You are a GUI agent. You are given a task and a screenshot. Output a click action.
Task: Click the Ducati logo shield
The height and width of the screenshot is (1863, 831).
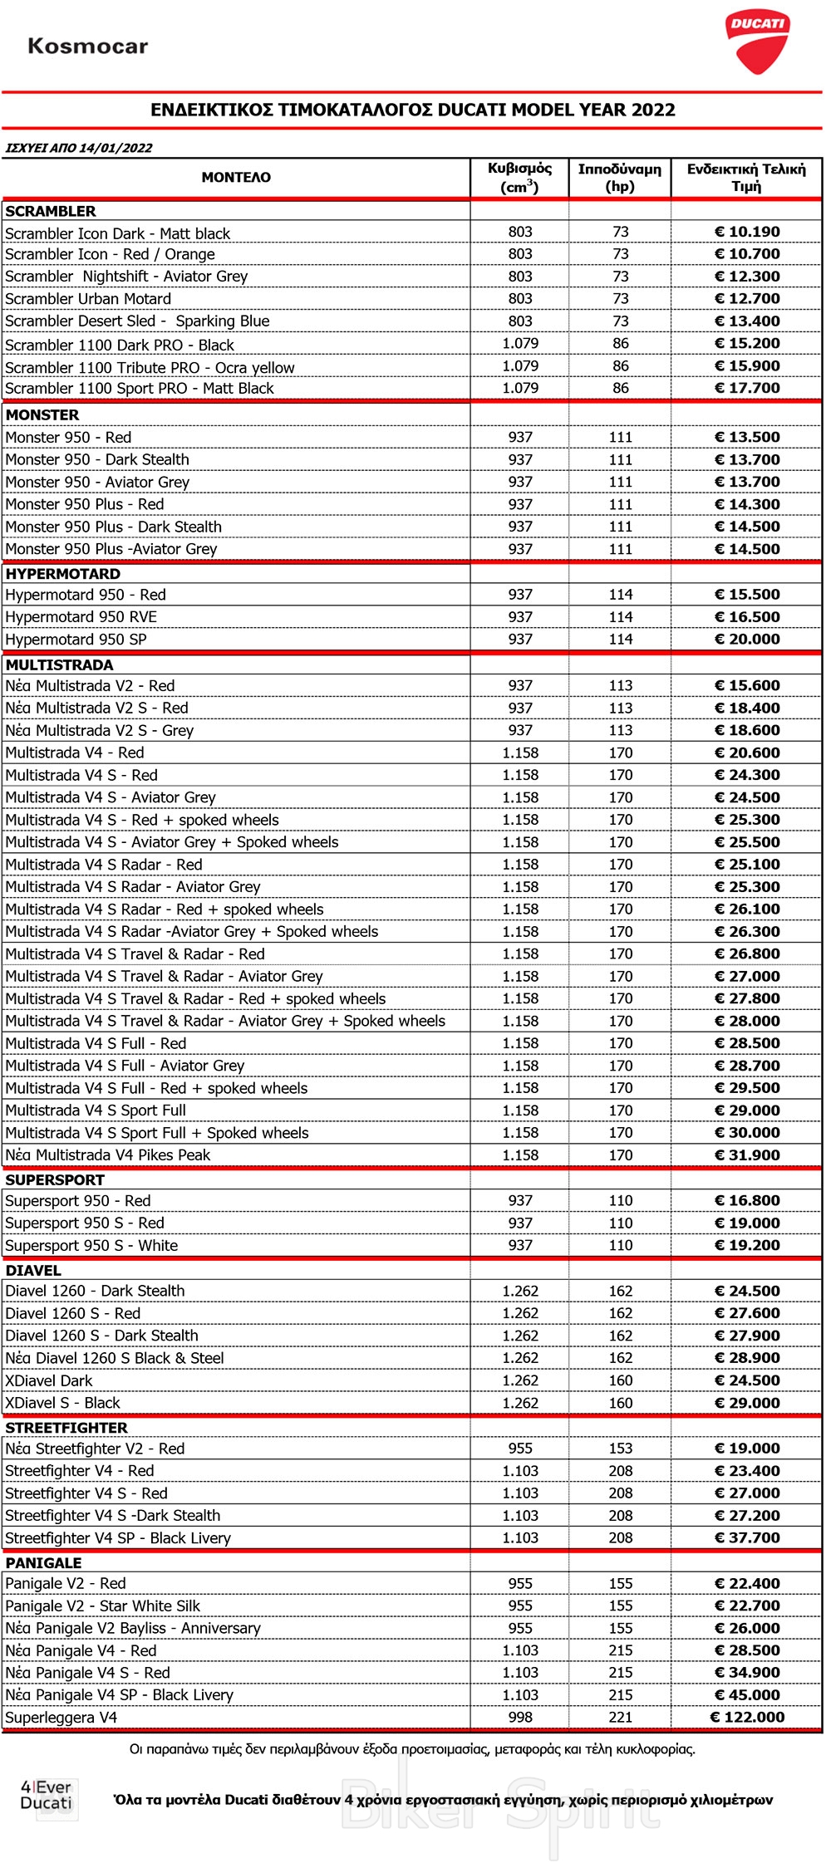[756, 42]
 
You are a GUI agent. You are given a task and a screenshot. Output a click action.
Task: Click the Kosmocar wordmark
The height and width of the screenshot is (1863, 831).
[88, 47]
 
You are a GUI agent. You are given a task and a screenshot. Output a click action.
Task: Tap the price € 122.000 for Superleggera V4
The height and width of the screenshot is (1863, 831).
[747, 1717]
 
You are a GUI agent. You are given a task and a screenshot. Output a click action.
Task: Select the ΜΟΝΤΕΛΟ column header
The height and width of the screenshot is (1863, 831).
[236, 177]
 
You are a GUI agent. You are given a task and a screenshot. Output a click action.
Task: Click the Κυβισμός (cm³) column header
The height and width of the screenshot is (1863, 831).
[520, 178]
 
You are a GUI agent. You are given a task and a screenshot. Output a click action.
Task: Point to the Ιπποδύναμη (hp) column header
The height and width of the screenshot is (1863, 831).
[620, 178]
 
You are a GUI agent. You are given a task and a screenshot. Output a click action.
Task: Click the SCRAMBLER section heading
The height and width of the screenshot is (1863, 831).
[51, 211]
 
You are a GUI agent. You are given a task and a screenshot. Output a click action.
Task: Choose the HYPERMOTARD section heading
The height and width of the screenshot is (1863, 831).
[63, 574]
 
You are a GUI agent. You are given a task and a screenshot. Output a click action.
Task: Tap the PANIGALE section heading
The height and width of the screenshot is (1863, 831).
[43, 1562]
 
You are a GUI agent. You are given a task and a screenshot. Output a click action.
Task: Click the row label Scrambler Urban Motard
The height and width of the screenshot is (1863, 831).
[88, 299]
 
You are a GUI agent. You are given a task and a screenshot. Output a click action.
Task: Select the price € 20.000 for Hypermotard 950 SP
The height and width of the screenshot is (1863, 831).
[747, 640]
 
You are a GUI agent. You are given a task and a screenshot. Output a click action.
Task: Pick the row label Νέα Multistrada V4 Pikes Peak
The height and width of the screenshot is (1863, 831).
[108, 1155]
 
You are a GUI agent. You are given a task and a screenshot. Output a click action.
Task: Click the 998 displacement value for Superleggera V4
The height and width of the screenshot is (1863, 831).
[520, 1717]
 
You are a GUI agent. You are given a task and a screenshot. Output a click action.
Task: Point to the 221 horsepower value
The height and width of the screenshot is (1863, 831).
[621, 1717]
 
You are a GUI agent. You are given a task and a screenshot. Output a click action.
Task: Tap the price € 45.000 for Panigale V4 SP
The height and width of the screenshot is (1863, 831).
[747, 1694]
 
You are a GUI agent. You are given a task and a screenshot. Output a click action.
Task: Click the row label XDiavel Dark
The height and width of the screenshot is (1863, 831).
[49, 1380]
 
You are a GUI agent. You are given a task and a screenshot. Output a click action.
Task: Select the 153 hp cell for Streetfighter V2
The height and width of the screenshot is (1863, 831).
[621, 1449]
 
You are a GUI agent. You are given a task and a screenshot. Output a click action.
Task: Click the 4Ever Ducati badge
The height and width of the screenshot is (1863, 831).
[47, 1795]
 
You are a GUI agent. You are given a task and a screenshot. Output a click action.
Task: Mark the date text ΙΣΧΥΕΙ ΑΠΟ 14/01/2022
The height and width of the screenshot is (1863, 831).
[79, 148]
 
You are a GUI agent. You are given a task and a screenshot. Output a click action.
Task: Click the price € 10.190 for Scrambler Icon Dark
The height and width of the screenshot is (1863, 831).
[747, 232]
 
